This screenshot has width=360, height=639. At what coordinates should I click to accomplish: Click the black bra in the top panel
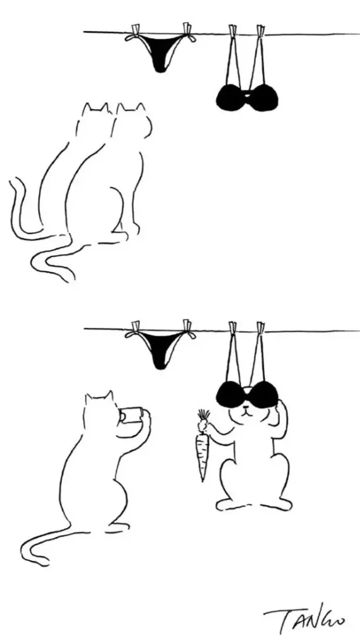tap(247, 98)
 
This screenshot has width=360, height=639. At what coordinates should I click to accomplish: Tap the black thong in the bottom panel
tap(161, 349)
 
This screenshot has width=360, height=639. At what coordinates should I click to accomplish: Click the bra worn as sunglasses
tap(247, 395)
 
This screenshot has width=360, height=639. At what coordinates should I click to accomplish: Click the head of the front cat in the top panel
tap(131, 120)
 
